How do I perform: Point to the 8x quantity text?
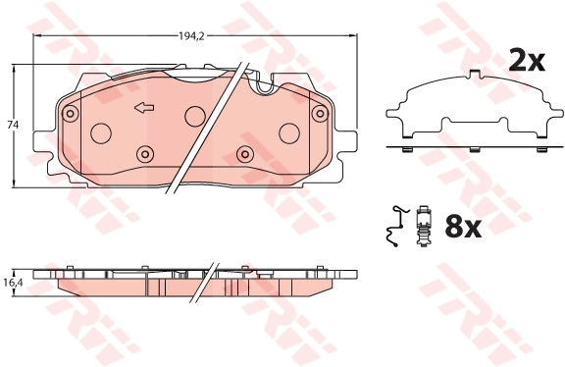(x=461, y=228)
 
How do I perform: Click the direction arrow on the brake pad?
(x=144, y=107)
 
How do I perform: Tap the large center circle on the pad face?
(x=194, y=114)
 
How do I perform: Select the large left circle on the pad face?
(x=100, y=133)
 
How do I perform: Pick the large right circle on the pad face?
(x=288, y=133)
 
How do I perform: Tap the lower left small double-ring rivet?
(x=145, y=154)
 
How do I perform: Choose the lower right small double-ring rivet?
(x=245, y=154)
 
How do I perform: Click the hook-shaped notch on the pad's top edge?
(x=263, y=88)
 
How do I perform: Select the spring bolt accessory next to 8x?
(x=424, y=228)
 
